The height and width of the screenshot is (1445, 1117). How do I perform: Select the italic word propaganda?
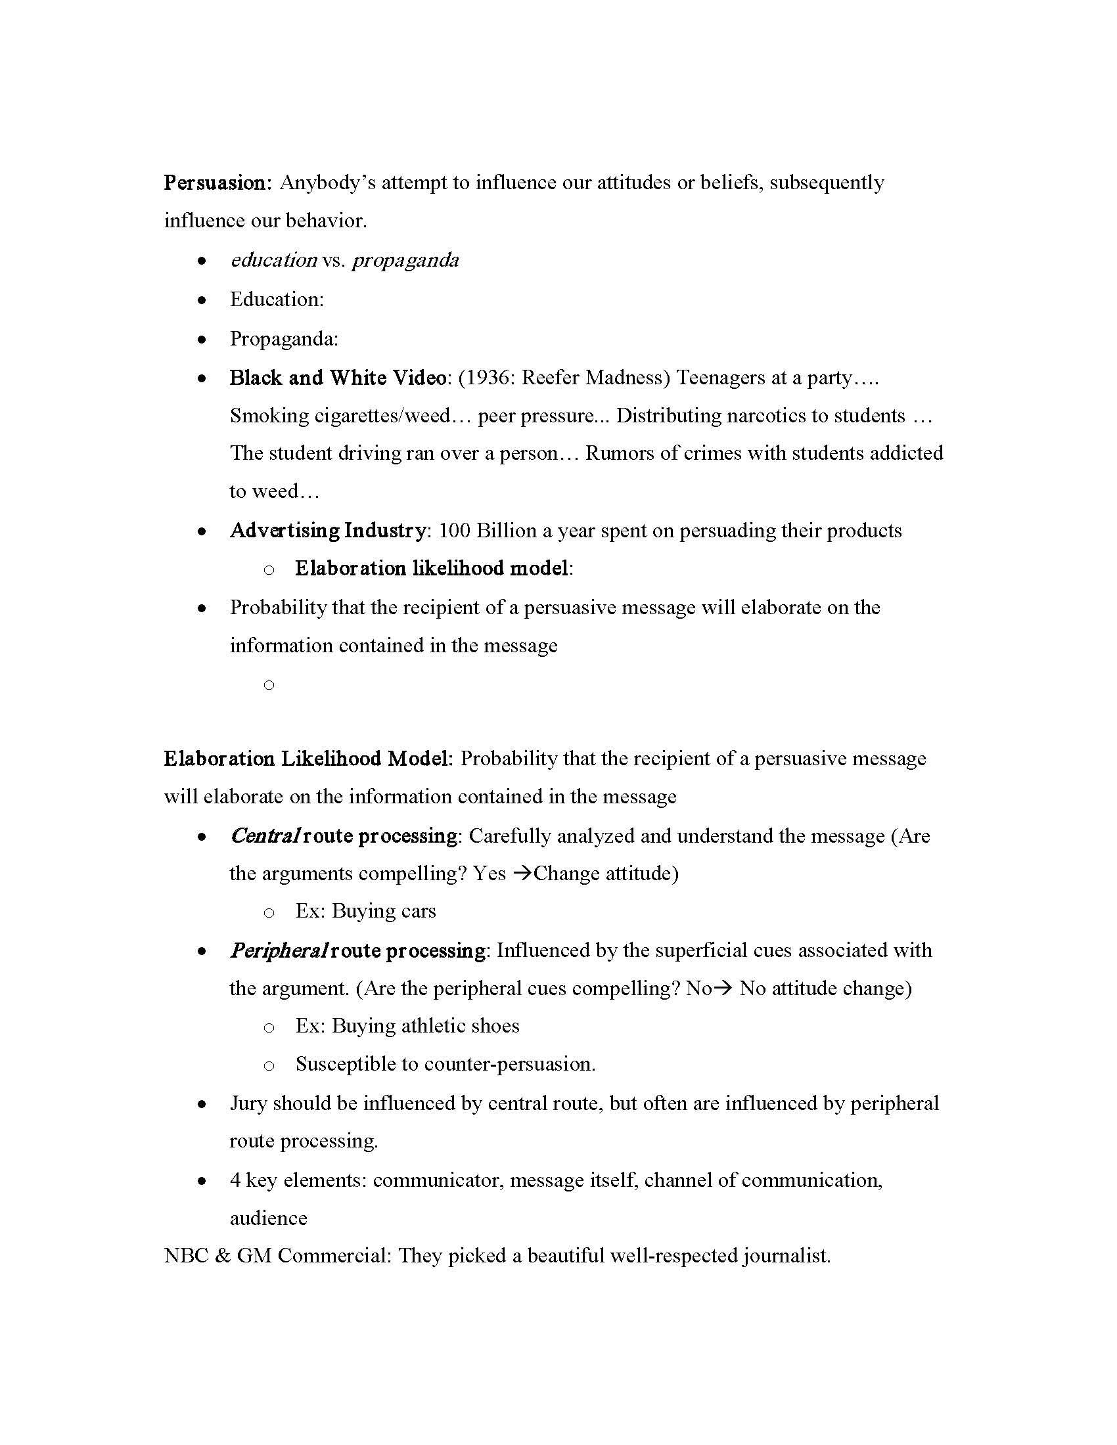click(405, 261)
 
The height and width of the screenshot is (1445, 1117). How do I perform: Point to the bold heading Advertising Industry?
click(328, 531)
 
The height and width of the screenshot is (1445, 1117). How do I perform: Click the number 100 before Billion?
click(455, 531)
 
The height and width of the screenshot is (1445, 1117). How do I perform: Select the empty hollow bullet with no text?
click(269, 685)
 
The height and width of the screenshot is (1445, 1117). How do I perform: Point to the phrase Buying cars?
click(384, 912)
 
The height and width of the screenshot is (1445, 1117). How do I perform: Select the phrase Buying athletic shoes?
click(426, 1026)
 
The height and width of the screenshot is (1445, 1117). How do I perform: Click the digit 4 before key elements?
click(235, 1180)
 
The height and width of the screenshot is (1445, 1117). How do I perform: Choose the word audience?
click(268, 1218)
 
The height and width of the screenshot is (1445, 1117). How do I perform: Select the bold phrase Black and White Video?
click(338, 378)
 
